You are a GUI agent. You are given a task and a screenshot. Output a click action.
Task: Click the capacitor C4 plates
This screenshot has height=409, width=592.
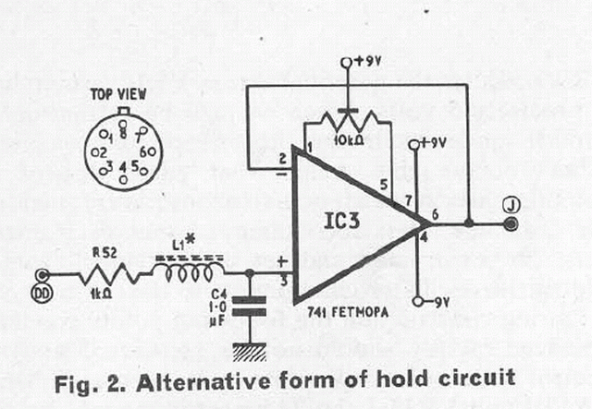[x=248, y=307]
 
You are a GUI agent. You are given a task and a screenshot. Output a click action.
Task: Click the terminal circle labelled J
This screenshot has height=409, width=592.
[x=511, y=224]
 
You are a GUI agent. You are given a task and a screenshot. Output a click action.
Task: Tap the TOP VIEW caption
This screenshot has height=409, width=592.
[x=122, y=95]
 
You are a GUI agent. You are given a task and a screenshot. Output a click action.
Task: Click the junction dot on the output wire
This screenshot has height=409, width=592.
[x=470, y=224]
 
